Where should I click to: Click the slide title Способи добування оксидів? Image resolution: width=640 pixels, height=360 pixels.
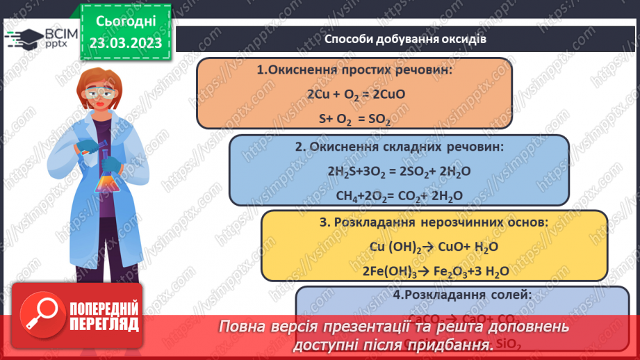pos(405,39)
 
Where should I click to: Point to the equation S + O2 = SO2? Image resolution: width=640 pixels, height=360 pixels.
pos(354,120)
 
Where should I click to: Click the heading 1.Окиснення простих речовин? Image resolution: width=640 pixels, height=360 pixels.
pos(354,70)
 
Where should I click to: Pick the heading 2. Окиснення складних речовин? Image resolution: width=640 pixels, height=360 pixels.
pos(399,147)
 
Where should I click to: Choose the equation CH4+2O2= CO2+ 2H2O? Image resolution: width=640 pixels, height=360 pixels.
pos(399,196)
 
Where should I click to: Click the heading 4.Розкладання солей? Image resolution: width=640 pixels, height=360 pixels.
pos(462,295)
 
